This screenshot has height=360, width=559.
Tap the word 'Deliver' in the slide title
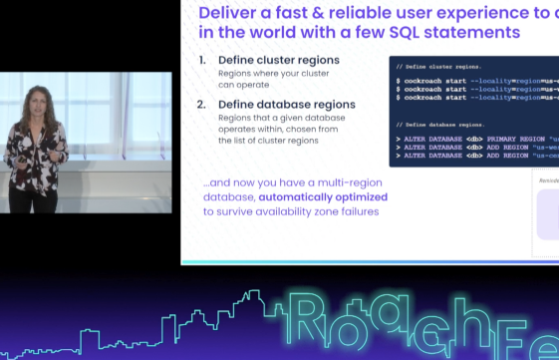(234, 13)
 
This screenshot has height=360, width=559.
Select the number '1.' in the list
(202, 60)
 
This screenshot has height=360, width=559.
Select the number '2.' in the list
(202, 105)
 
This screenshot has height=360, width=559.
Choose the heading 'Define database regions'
(284, 105)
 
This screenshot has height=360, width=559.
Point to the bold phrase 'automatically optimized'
(306, 196)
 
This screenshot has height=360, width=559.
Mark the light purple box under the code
(547, 214)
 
